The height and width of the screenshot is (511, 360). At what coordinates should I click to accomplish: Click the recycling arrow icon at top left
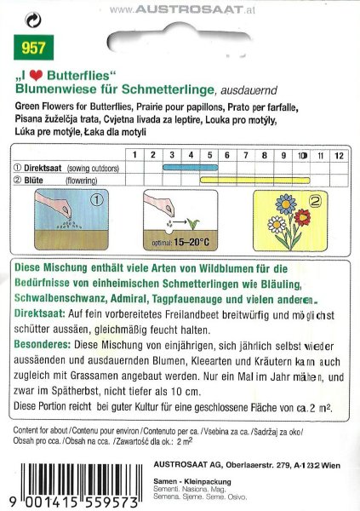coord(33,17)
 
